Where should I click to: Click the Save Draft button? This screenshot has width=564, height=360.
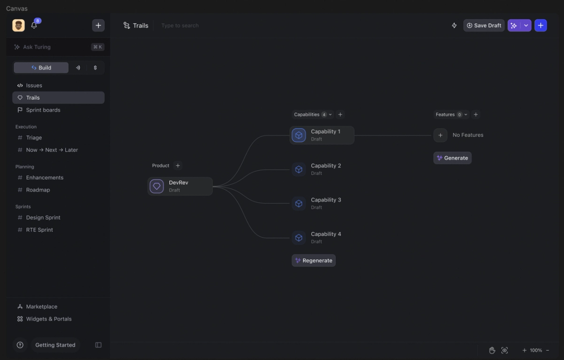(484, 26)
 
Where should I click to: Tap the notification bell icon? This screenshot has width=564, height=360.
(34, 25)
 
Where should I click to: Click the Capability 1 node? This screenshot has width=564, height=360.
(322, 135)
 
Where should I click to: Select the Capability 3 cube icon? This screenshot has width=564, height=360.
(299, 204)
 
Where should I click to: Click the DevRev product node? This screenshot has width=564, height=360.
(180, 186)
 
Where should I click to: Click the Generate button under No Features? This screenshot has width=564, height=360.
(452, 158)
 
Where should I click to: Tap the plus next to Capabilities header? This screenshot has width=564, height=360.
(340, 114)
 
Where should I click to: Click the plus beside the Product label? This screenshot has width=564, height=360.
(178, 166)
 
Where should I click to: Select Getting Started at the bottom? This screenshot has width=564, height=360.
(55, 345)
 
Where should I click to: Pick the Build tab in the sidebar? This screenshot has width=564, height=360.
(41, 68)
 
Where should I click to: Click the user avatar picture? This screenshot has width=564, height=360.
(19, 26)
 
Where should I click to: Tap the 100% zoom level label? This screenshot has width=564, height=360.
(536, 350)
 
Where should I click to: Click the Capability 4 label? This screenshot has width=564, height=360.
(326, 234)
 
